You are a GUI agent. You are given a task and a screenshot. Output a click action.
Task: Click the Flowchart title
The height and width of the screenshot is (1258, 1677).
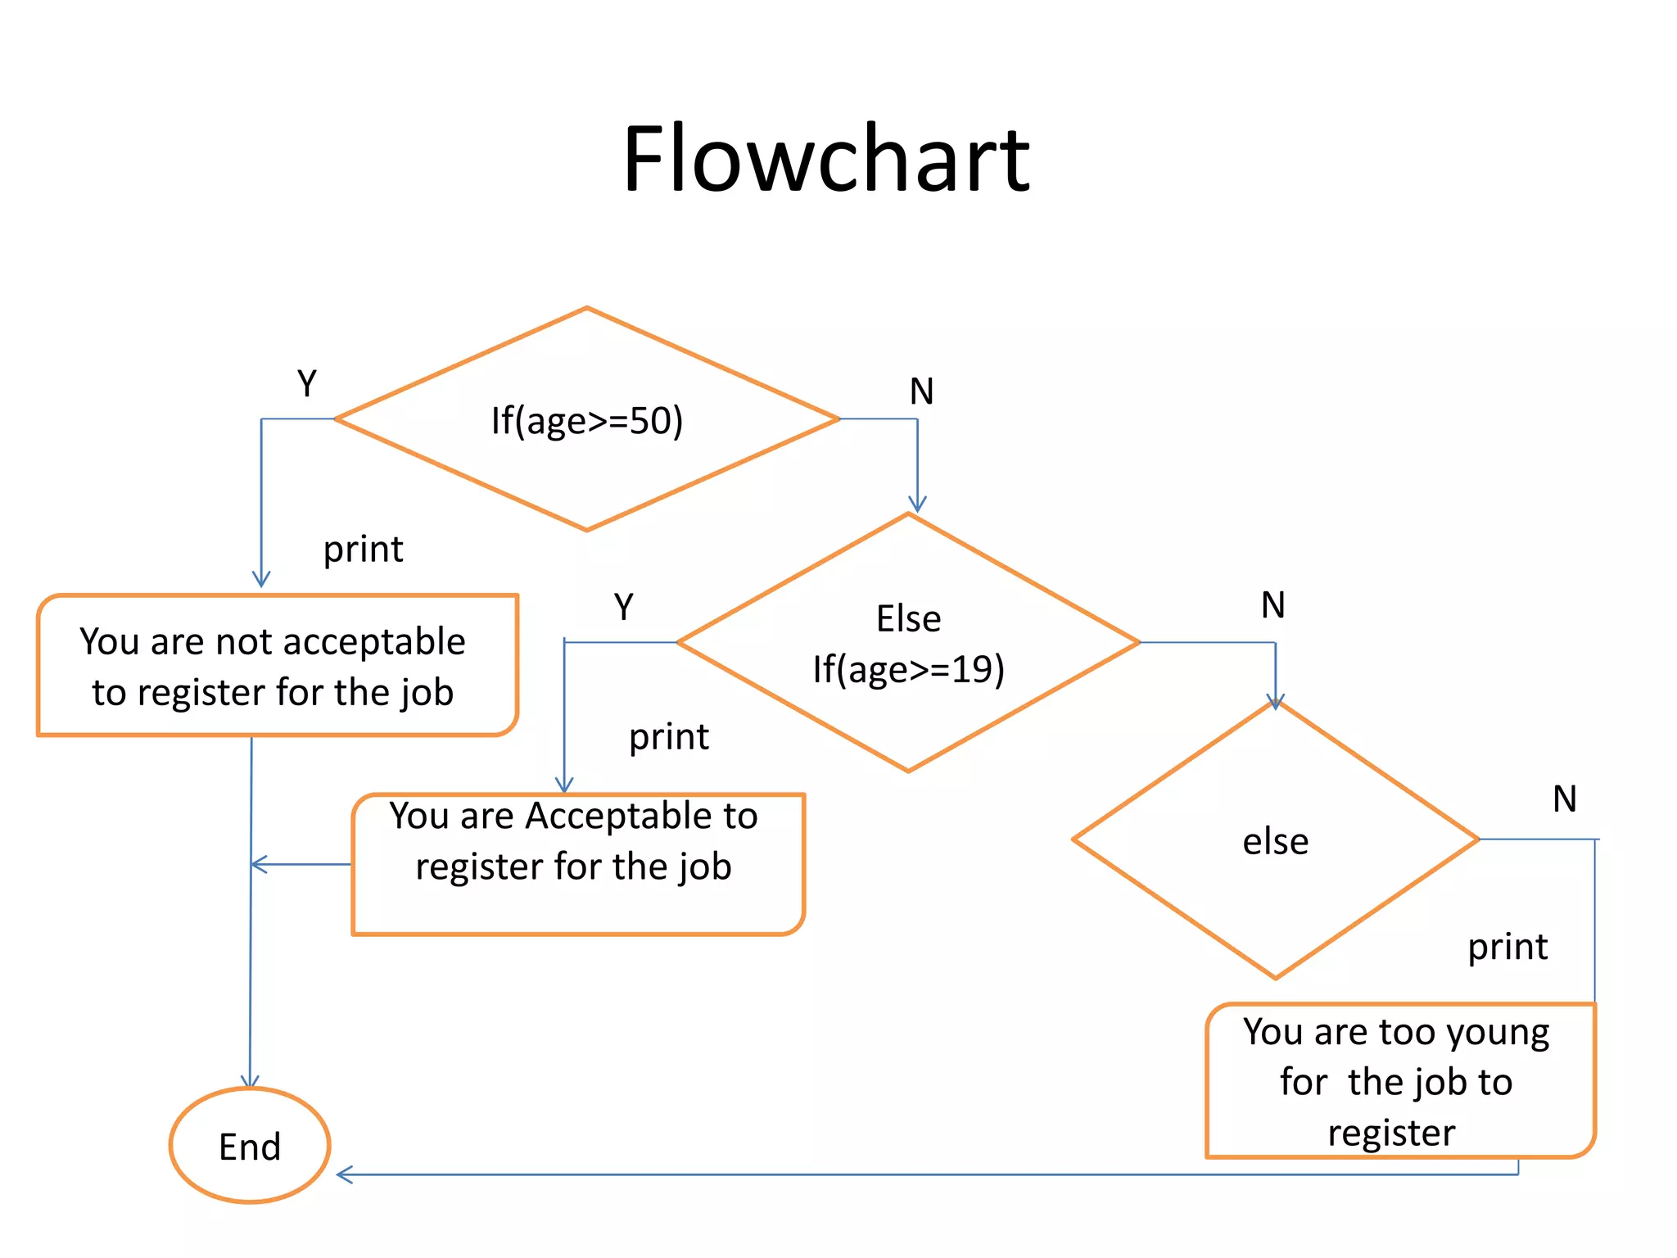point(825,160)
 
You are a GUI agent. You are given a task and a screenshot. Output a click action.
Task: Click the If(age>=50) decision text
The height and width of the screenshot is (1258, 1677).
point(586,421)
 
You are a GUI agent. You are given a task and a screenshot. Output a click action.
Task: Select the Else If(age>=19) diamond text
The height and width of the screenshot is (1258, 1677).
point(908,645)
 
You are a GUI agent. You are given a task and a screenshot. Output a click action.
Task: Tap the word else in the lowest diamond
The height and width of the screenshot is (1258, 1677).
point(1275,842)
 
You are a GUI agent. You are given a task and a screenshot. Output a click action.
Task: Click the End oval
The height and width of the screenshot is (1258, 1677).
point(250,1146)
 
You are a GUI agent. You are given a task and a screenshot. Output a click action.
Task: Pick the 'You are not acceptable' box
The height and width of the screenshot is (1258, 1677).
point(277,666)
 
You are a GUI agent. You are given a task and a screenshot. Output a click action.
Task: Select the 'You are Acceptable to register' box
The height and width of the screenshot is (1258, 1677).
point(577,864)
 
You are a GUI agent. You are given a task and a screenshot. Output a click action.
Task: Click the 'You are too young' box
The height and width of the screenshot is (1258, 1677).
point(1400,1080)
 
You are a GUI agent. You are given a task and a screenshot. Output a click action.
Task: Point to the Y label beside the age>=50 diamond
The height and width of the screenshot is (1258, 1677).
point(307,383)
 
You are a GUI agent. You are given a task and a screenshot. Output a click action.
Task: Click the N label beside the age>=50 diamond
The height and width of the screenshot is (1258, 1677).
point(921,391)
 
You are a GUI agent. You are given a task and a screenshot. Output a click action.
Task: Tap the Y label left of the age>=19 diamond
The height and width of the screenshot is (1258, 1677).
point(624,607)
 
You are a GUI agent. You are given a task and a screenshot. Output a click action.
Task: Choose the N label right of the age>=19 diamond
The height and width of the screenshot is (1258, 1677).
point(1272,605)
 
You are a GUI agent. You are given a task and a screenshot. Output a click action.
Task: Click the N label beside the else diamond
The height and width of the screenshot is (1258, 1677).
point(1564,799)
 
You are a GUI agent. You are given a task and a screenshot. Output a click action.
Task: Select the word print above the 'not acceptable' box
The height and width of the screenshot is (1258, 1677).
point(363,550)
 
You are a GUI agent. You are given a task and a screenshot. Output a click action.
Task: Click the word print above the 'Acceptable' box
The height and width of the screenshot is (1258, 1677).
point(668,737)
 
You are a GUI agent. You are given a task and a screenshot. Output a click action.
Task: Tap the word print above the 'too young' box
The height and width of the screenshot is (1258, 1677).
point(1507,948)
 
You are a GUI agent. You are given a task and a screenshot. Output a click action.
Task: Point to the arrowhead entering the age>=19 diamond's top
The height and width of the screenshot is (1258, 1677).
point(917,504)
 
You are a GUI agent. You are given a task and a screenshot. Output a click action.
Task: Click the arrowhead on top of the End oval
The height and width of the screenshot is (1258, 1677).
point(250,1081)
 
